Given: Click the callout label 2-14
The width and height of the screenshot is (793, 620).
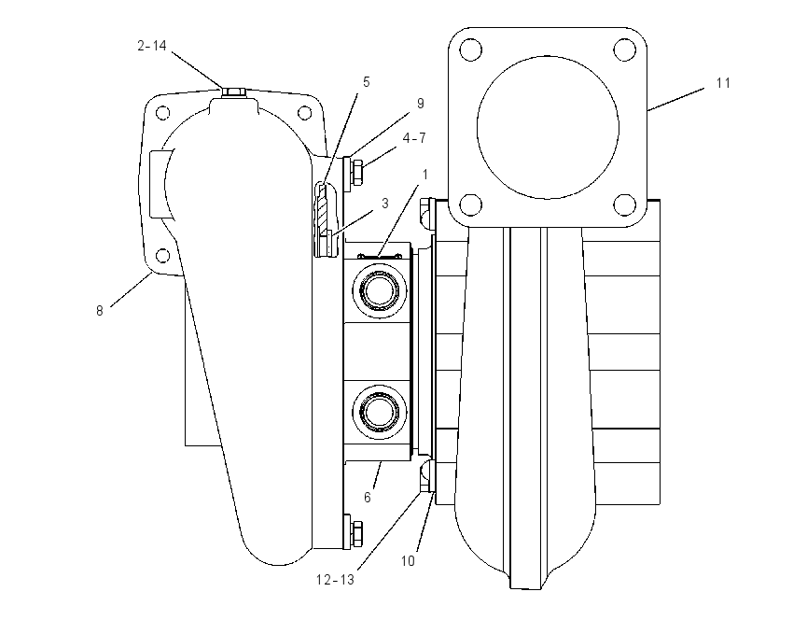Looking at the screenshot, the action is pyautogui.click(x=152, y=46).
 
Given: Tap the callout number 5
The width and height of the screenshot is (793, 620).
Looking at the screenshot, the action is pyautogui.click(x=366, y=82).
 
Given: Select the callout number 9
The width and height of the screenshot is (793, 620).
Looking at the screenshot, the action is pyautogui.click(x=420, y=104).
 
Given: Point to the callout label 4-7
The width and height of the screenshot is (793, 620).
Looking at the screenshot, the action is pyautogui.click(x=414, y=137).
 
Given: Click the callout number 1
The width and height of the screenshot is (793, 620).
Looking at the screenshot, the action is pyautogui.click(x=424, y=175).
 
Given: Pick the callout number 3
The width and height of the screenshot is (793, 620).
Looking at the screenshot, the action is pyautogui.click(x=385, y=204).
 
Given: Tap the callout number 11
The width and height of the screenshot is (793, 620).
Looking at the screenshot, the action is pyautogui.click(x=723, y=83).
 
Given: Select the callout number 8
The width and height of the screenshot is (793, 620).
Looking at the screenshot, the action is pyautogui.click(x=100, y=311).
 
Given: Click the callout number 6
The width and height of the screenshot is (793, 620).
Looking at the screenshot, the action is pyautogui.click(x=368, y=498).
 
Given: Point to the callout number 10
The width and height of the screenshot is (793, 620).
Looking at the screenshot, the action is pyautogui.click(x=408, y=561).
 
